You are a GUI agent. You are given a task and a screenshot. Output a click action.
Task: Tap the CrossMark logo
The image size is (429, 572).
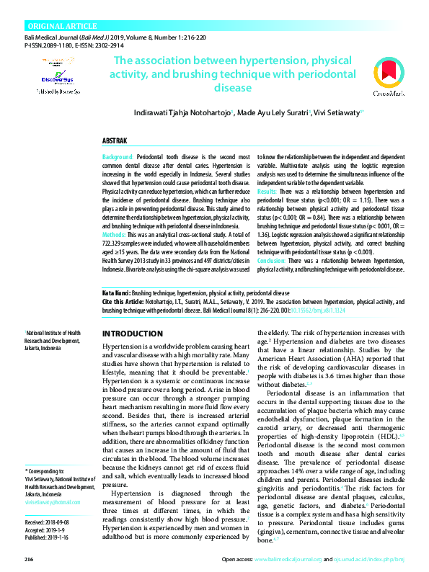pos(390,79)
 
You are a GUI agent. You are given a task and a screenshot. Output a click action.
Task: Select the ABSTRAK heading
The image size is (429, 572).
pos(115,140)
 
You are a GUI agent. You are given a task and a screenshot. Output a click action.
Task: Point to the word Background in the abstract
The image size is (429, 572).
pos(118,156)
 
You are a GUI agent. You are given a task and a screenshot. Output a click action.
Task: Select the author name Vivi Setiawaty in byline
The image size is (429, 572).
pos(337,113)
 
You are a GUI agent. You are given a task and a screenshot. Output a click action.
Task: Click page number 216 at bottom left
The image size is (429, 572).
pos(29,559)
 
